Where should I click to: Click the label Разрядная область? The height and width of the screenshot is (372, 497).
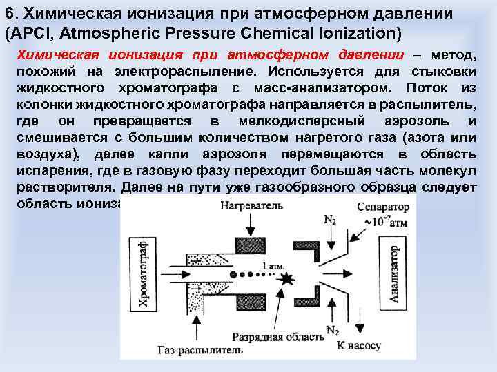pos(279,338)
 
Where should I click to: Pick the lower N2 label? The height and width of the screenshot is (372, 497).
pos(331,329)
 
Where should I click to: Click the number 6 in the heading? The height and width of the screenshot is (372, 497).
pos(9,14)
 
